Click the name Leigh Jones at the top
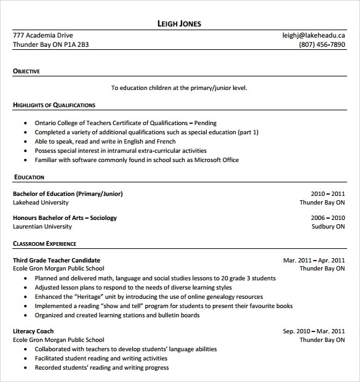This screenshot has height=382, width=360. (x=180, y=24)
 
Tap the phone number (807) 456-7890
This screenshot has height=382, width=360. (x=322, y=45)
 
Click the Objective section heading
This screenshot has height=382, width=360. (x=26, y=71)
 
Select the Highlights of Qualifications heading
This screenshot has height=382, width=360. (x=54, y=105)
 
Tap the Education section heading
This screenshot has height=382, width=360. (x=29, y=177)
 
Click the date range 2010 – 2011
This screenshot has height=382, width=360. (x=328, y=193)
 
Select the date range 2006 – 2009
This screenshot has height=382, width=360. (x=328, y=217)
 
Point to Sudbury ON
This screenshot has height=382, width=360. (x=328, y=227)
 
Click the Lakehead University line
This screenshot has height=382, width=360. (x=41, y=203)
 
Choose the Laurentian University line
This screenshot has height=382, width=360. (x=42, y=227)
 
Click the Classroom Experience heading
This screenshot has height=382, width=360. (x=45, y=244)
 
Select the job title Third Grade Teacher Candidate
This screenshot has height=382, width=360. (x=57, y=260)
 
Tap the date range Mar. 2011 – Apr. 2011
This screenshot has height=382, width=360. (x=314, y=260)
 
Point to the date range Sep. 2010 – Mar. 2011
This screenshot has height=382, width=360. (x=314, y=331)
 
